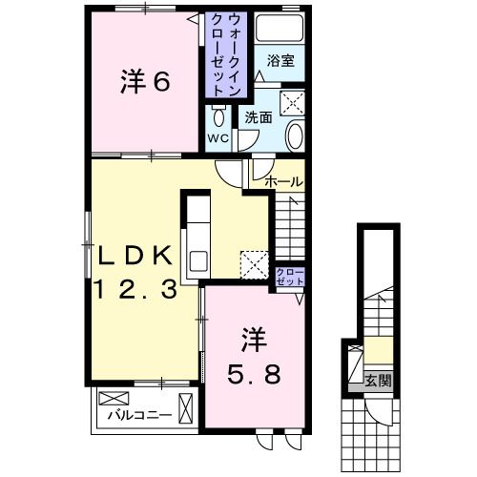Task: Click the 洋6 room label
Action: tap(145, 82)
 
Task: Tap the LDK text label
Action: tap(135, 256)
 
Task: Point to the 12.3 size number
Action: tap(135, 290)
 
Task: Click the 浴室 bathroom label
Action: tap(280, 60)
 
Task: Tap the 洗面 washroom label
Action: tap(258, 118)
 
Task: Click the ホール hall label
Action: tap(283, 180)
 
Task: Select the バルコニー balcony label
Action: tap(138, 415)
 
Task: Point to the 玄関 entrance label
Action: tap(377, 380)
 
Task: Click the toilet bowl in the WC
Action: tap(218, 116)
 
